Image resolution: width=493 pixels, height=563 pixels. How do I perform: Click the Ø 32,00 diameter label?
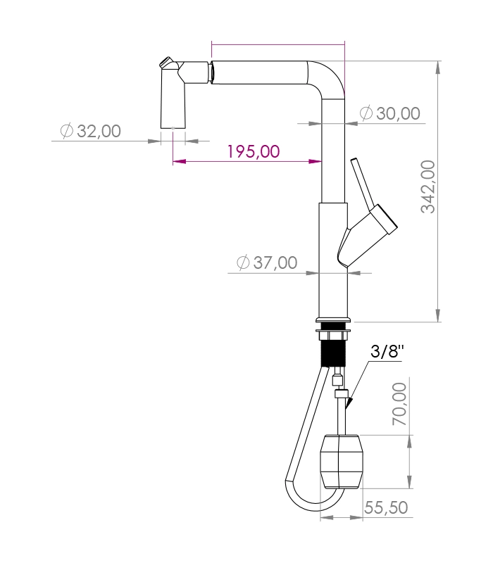[91, 131]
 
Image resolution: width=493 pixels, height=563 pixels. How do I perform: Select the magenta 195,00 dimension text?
[254, 151]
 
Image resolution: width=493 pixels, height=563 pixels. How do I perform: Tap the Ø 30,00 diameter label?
[390, 113]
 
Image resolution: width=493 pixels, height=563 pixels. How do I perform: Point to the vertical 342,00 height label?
[428, 186]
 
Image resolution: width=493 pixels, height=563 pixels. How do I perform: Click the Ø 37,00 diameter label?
[267, 262]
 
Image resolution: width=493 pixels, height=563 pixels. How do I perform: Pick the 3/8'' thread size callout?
[387, 350]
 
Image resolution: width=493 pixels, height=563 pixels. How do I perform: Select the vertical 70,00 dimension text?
[399, 404]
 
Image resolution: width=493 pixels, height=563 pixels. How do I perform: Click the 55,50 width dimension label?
[386, 507]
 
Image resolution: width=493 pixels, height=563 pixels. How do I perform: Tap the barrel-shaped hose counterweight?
[342, 462]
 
